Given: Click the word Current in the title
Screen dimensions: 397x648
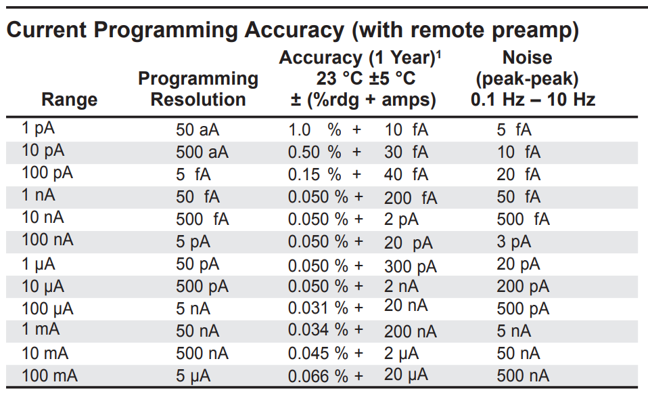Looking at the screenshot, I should click(x=46, y=30).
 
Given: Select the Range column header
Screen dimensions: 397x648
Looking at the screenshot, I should click(x=70, y=100).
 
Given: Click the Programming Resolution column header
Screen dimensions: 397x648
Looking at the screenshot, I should click(x=198, y=89).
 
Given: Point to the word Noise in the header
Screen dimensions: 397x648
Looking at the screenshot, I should click(x=527, y=58).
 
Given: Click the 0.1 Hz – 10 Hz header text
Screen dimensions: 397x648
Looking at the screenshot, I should click(x=533, y=100).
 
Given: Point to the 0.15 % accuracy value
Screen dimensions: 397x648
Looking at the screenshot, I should click(x=315, y=174).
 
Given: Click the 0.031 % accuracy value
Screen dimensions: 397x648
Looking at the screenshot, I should click(x=318, y=308).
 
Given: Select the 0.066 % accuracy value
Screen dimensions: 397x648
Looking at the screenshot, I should click(x=318, y=375).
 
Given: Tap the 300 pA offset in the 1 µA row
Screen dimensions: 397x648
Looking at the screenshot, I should click(x=411, y=265).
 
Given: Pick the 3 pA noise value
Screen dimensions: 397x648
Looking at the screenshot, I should click(x=514, y=242).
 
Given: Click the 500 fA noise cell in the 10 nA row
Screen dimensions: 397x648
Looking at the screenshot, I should click(x=523, y=220).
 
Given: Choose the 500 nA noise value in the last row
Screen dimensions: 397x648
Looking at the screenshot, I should click(x=523, y=375).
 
